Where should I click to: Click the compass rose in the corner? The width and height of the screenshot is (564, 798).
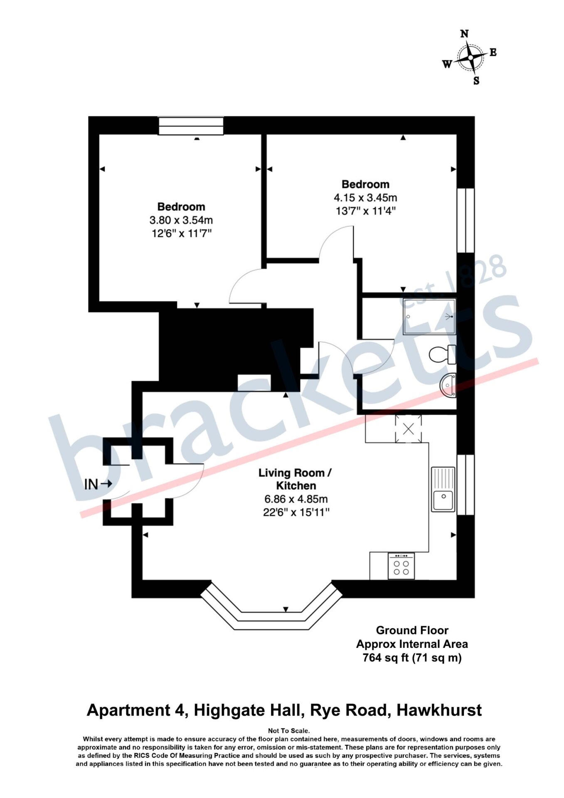(470, 57)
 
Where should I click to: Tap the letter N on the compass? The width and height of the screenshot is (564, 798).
(464, 34)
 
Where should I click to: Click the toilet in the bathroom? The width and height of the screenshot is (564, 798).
(442, 355)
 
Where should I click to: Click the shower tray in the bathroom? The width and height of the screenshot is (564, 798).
(428, 317)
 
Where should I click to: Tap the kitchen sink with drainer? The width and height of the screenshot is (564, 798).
(443, 489)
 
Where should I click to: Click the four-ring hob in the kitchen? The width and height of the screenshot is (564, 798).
(401, 566)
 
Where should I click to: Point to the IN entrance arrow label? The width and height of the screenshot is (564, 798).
(98, 484)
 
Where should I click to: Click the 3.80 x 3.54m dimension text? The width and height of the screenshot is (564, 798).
(181, 220)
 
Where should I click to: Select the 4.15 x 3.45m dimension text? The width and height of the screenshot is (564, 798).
(365, 197)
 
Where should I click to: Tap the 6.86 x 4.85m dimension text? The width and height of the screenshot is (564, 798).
(296, 499)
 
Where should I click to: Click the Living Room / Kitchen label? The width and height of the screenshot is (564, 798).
(296, 479)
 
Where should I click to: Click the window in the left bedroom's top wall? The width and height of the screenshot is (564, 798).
(191, 126)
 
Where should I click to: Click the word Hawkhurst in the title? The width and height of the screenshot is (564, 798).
(439, 710)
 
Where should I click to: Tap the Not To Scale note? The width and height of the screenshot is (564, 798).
(289, 730)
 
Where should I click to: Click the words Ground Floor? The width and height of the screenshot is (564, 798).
(412, 630)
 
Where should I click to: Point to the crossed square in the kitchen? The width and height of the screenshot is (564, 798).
(408, 429)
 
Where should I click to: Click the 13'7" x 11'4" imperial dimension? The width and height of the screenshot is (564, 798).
(365, 211)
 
